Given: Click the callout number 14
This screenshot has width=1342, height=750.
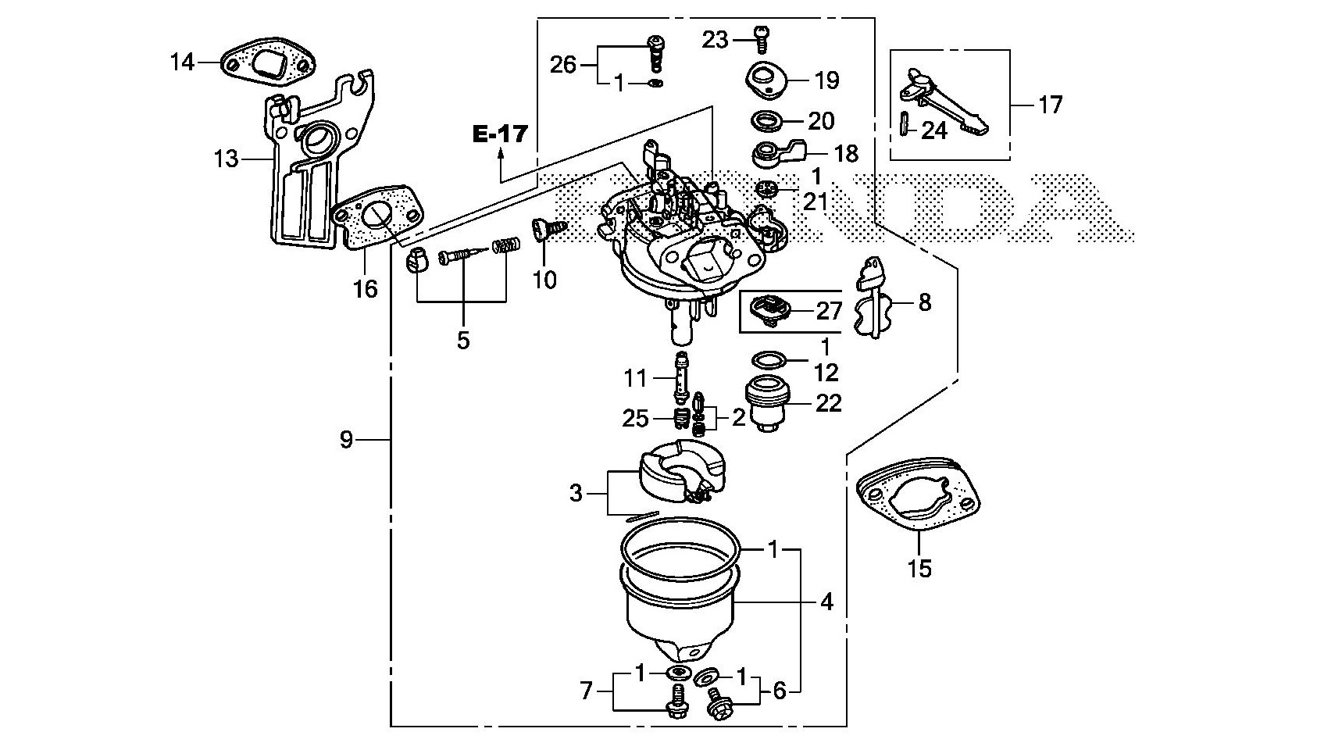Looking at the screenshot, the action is coord(182,61).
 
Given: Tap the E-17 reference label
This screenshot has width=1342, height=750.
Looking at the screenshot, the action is coord(501,134).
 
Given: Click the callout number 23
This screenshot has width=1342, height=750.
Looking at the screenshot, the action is coord(714,39).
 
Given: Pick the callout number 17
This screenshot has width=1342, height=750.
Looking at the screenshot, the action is coord(1051,105).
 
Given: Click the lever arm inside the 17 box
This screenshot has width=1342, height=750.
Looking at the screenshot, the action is coord(948,99).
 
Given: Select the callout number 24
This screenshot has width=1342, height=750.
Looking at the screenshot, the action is coord(934,130).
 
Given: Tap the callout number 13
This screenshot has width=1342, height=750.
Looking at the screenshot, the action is coord(226,159).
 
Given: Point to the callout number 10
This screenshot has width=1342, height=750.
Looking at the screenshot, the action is coord(544,279).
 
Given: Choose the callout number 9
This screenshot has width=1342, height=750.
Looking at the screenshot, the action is coord(347,440).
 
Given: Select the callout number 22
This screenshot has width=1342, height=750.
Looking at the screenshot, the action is coord(829,403).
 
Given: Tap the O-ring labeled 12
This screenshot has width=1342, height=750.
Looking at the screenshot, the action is coord(768,361).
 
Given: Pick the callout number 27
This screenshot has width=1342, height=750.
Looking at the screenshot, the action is coord(829,311).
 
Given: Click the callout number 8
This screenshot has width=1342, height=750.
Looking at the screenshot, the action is coord(925,302).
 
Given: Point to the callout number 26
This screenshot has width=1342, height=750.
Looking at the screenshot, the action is coord(562,64).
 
